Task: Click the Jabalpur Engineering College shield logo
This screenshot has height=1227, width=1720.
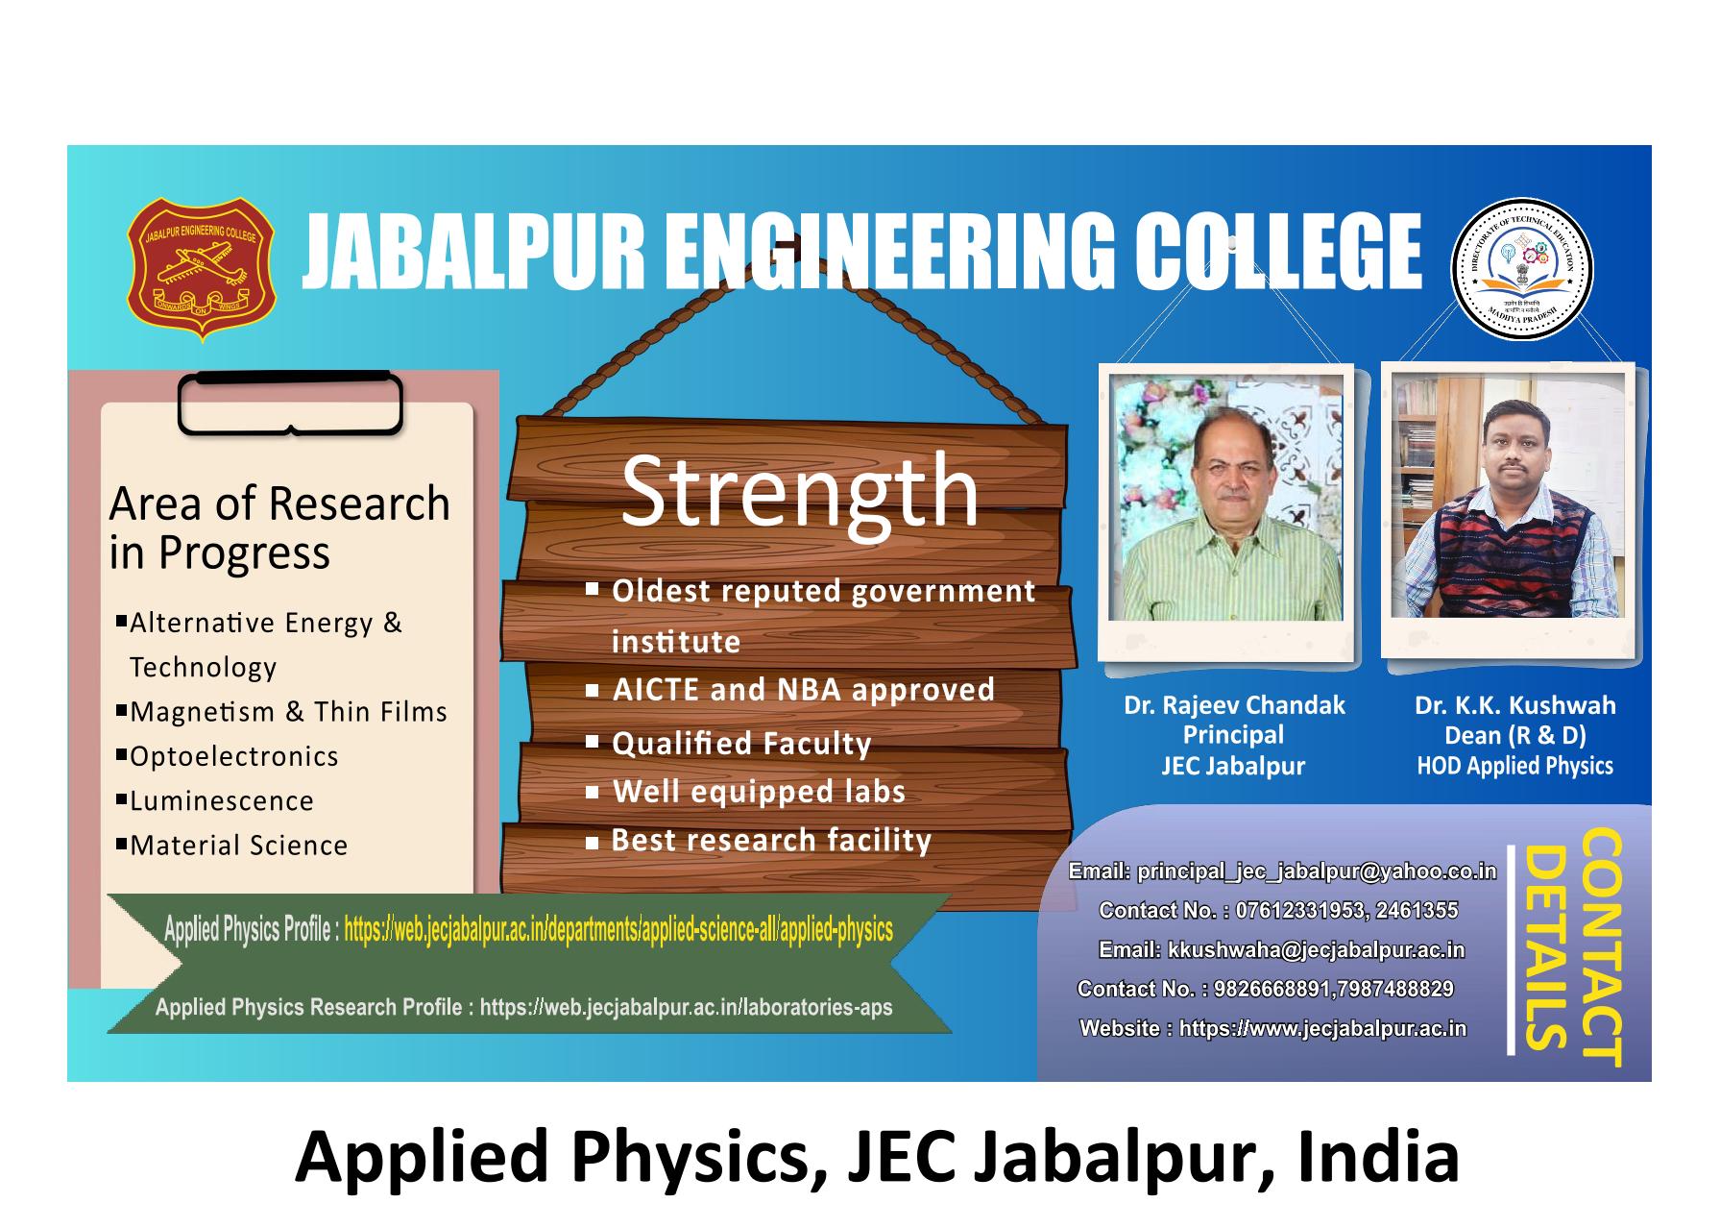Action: pyautogui.click(x=201, y=269)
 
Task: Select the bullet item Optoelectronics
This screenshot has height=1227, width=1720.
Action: pyautogui.click(x=234, y=756)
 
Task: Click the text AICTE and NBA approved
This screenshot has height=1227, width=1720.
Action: pyautogui.click(x=804, y=690)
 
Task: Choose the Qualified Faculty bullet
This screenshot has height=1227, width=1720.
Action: pyautogui.click(x=741, y=744)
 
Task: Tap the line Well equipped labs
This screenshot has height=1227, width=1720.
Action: pyautogui.click(x=759, y=792)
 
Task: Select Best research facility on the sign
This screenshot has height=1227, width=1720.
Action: pyautogui.click(x=771, y=841)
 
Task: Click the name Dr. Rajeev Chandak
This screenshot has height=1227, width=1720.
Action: pyautogui.click(x=1234, y=705)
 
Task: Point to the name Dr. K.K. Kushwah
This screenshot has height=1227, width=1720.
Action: pyautogui.click(x=1515, y=705)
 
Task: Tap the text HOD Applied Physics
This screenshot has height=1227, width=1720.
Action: pyautogui.click(x=1515, y=766)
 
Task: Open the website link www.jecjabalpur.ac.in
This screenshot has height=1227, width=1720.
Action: pyautogui.click(x=1322, y=1028)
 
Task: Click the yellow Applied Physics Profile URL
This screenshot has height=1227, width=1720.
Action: pyautogui.click(x=618, y=930)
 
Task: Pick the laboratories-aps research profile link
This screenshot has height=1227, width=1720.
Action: pyautogui.click(x=686, y=1007)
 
